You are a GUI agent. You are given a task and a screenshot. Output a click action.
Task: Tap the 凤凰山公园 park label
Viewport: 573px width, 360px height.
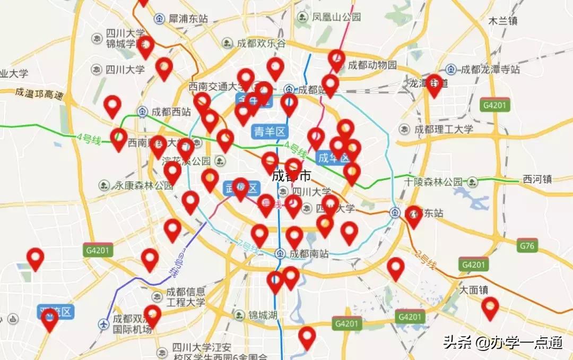(336, 17)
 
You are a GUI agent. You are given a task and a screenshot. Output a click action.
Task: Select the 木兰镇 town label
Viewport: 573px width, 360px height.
(503, 21)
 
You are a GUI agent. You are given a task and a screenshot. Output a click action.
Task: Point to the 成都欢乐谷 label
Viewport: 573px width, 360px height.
(261, 43)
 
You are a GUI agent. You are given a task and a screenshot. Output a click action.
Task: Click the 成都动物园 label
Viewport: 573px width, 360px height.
(372, 65)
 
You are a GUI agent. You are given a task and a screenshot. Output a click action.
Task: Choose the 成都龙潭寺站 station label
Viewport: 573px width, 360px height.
(490, 69)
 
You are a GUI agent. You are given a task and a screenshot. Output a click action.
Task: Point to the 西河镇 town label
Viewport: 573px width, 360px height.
(537, 179)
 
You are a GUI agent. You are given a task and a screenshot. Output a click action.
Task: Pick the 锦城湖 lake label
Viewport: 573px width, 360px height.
(262, 315)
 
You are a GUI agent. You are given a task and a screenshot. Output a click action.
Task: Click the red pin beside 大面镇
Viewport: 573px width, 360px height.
(490, 307)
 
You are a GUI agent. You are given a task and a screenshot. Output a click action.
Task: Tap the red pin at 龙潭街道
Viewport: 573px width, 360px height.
(434, 84)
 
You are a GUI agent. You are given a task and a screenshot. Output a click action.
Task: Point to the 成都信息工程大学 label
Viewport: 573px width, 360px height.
(186, 297)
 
